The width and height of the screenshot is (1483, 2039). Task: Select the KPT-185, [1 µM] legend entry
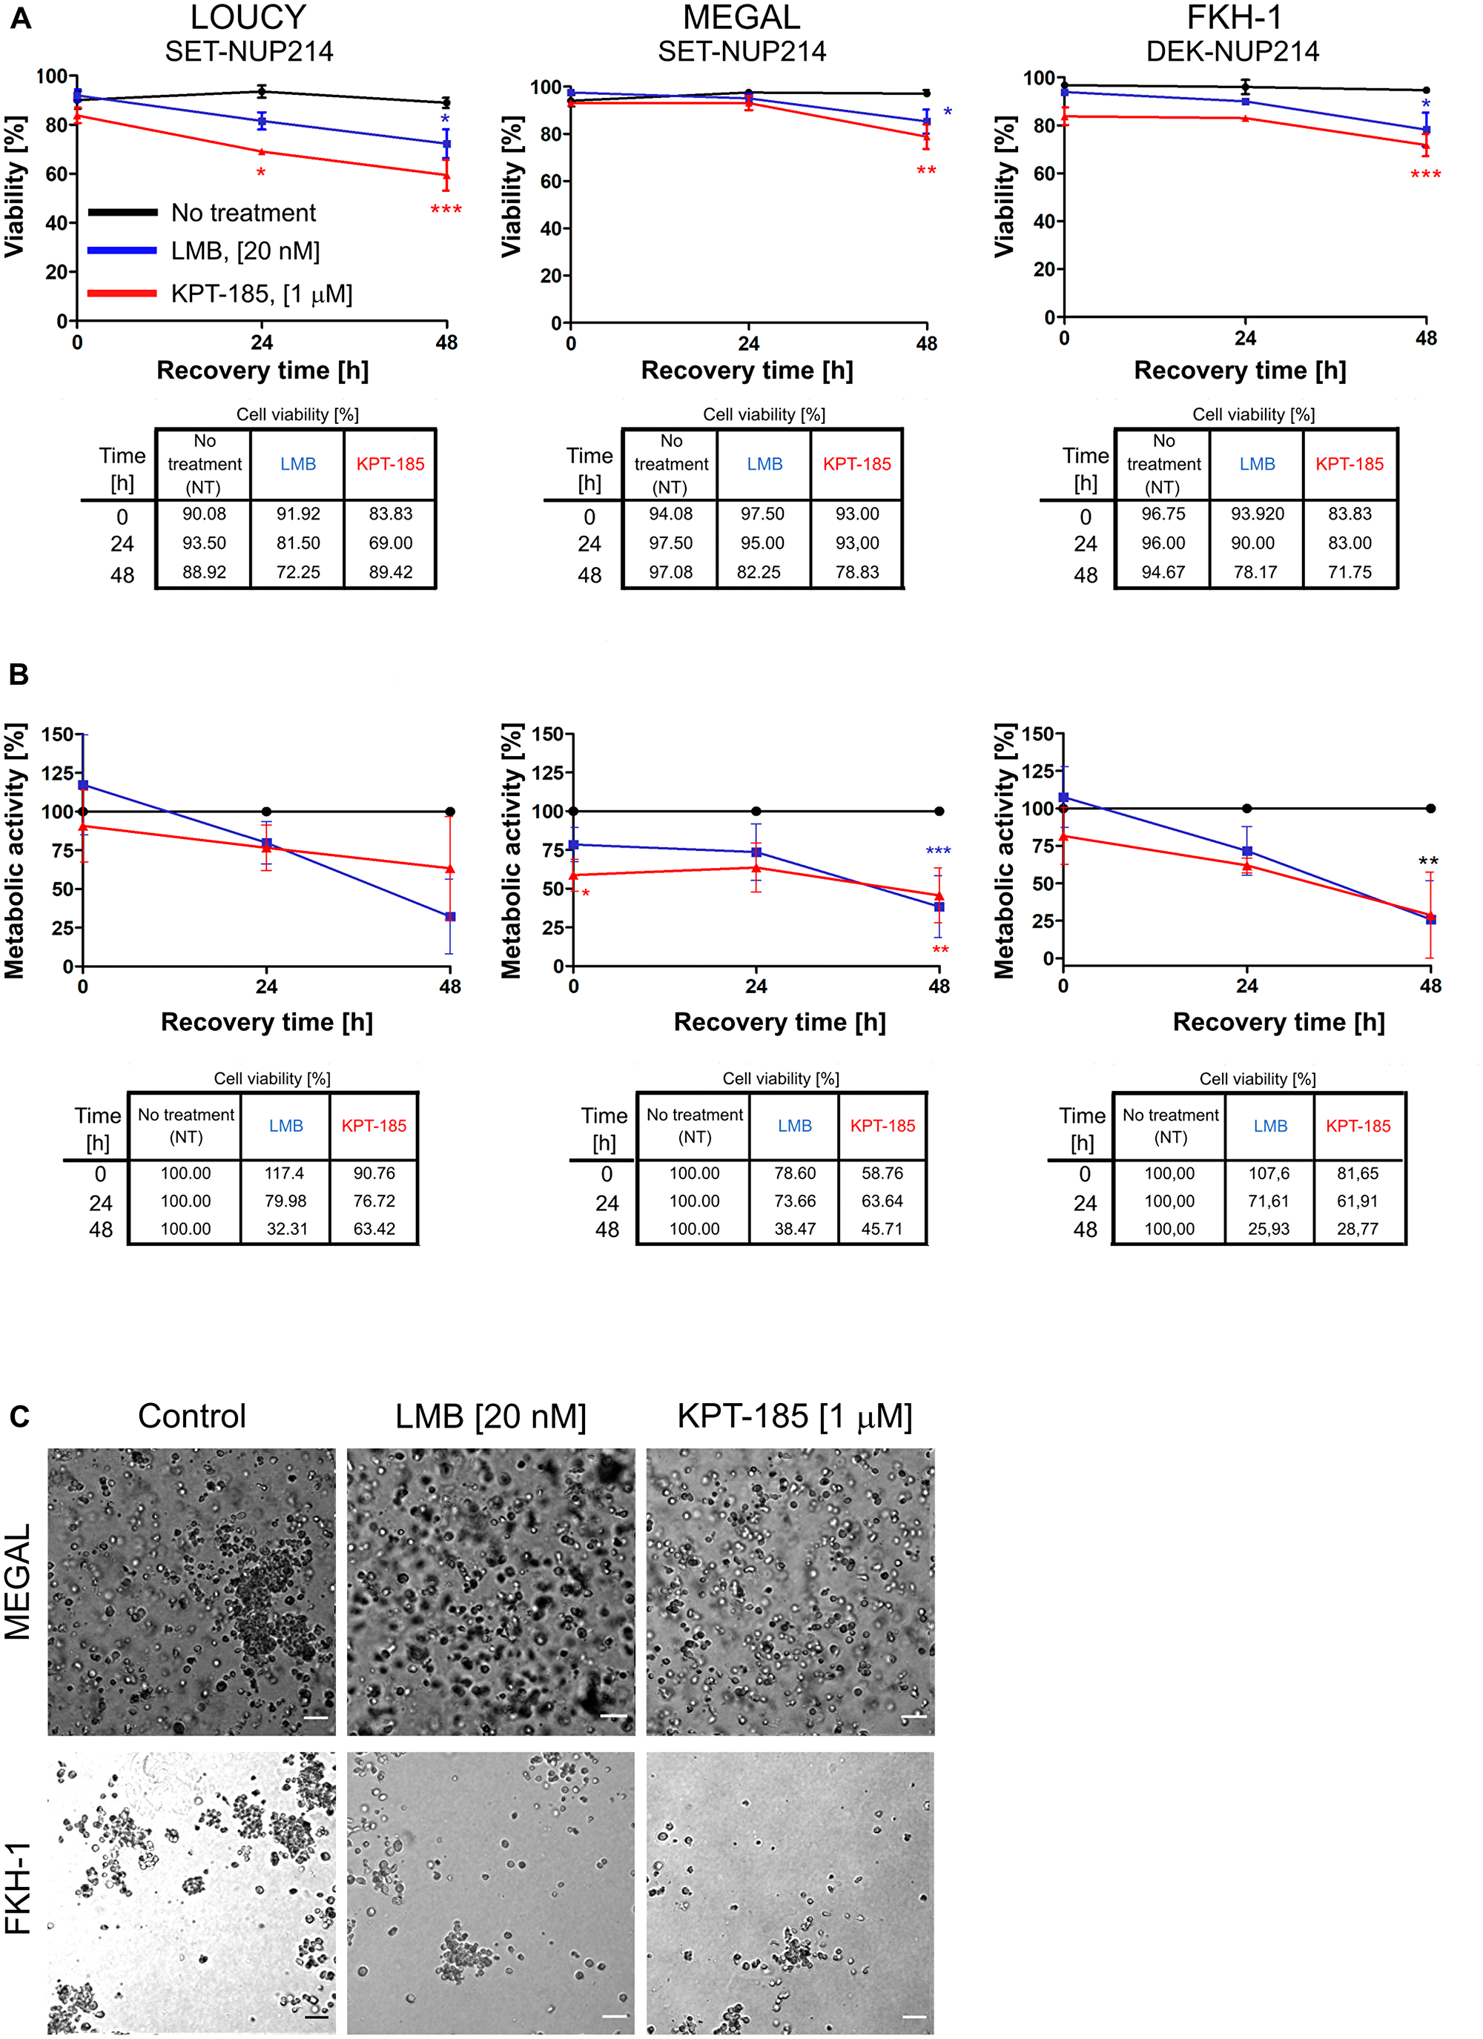tap(261, 294)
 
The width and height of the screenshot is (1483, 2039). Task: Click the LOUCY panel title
tap(248, 18)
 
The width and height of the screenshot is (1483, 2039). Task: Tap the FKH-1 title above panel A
tap(1233, 18)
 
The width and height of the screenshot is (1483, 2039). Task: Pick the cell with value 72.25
tap(297, 573)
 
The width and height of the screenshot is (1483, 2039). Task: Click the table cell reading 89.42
tap(390, 573)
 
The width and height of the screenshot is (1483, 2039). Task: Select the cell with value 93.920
tap(1256, 514)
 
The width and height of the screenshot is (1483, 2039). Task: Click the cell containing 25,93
tap(1268, 1229)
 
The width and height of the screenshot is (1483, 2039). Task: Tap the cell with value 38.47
tap(794, 1229)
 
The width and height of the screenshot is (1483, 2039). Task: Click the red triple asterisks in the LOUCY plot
tap(446, 210)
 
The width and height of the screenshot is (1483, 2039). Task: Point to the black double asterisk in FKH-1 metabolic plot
tap(1428, 861)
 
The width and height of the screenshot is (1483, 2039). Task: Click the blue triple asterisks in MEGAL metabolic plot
tap(938, 850)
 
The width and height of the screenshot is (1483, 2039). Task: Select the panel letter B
tap(19, 675)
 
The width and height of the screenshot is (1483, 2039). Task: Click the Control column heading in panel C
tap(191, 1416)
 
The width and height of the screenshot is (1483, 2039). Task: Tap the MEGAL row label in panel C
tap(19, 1582)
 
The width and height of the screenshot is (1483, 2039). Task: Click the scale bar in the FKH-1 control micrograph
tap(316, 2017)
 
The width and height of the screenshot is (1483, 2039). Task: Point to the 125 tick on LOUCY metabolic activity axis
tap(56, 773)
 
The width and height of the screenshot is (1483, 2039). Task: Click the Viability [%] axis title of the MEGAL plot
tap(512, 186)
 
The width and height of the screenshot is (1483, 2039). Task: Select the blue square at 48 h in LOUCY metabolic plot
tap(449, 916)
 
